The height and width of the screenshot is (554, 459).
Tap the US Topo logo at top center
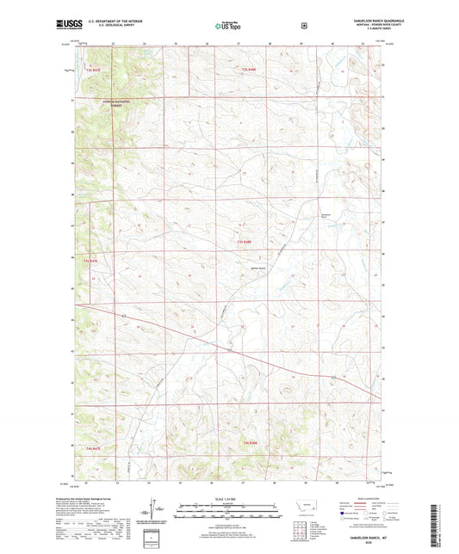228,27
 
